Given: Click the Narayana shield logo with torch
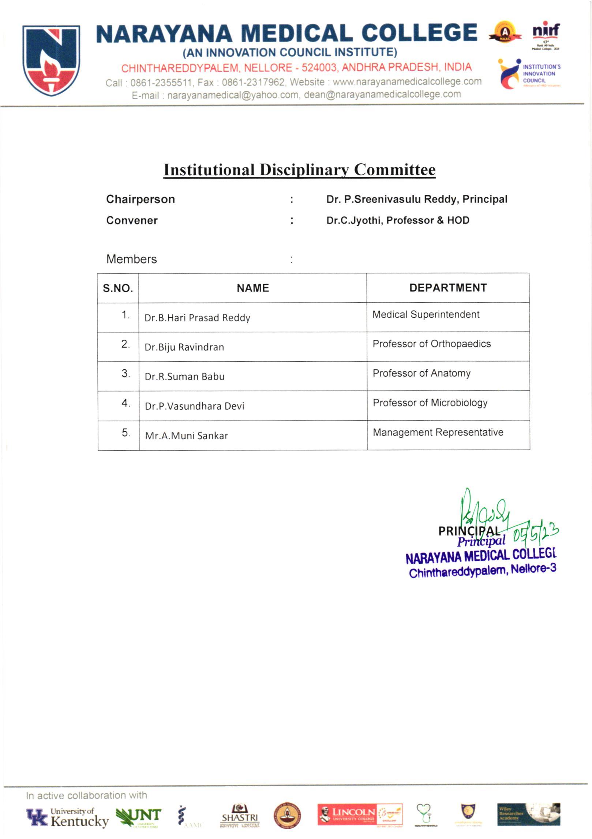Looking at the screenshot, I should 51,60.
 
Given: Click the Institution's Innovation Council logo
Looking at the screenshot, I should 529,74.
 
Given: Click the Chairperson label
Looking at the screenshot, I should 140,200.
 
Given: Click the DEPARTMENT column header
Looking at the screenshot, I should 448,288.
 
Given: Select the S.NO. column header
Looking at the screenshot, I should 118,288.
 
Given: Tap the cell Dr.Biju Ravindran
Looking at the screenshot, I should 184,347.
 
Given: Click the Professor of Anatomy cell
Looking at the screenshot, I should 421,373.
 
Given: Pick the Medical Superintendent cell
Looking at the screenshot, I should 426,314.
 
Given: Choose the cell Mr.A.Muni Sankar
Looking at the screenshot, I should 186,436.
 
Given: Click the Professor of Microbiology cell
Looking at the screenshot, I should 430,403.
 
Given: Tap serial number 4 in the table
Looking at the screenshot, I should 125,403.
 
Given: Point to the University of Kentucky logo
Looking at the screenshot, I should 67,817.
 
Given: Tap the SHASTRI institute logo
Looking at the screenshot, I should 240,816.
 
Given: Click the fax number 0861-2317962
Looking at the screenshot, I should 252,82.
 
